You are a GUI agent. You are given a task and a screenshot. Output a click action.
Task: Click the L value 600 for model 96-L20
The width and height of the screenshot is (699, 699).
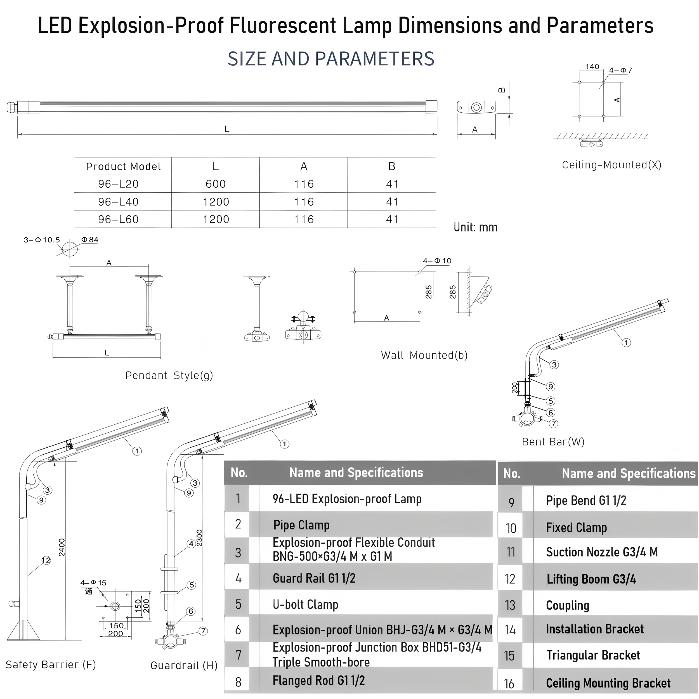(x=216, y=184)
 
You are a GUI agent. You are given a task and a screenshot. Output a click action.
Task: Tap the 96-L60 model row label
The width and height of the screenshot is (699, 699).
(x=118, y=219)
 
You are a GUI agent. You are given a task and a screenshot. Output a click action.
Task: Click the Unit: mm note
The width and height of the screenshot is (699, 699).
(x=475, y=227)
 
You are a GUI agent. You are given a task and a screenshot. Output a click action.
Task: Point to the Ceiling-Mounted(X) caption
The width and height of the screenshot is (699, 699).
(x=611, y=165)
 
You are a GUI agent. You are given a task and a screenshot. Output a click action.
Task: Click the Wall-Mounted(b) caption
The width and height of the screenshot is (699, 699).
(x=424, y=355)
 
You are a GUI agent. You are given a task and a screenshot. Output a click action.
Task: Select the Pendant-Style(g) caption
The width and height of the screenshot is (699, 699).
(x=169, y=375)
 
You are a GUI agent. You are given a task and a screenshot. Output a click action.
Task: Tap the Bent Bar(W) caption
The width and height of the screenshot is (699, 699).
(x=553, y=442)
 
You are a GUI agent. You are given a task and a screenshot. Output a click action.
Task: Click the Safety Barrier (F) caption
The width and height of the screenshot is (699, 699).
(x=51, y=665)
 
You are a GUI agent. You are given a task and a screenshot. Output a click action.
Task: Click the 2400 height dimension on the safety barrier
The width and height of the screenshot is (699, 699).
(x=62, y=547)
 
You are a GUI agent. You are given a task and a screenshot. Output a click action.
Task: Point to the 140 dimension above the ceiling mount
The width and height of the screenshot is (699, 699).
(x=592, y=67)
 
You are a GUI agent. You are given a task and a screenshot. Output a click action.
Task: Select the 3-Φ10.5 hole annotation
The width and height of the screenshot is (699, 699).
(x=42, y=240)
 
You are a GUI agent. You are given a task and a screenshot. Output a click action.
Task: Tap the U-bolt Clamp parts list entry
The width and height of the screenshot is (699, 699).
(x=305, y=604)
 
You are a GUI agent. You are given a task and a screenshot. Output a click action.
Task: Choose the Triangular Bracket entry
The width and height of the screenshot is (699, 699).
(x=593, y=655)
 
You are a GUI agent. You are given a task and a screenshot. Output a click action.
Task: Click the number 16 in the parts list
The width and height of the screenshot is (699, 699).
(x=509, y=683)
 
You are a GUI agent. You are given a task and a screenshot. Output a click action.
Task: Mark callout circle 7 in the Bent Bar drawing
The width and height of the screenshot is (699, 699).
(x=554, y=424)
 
